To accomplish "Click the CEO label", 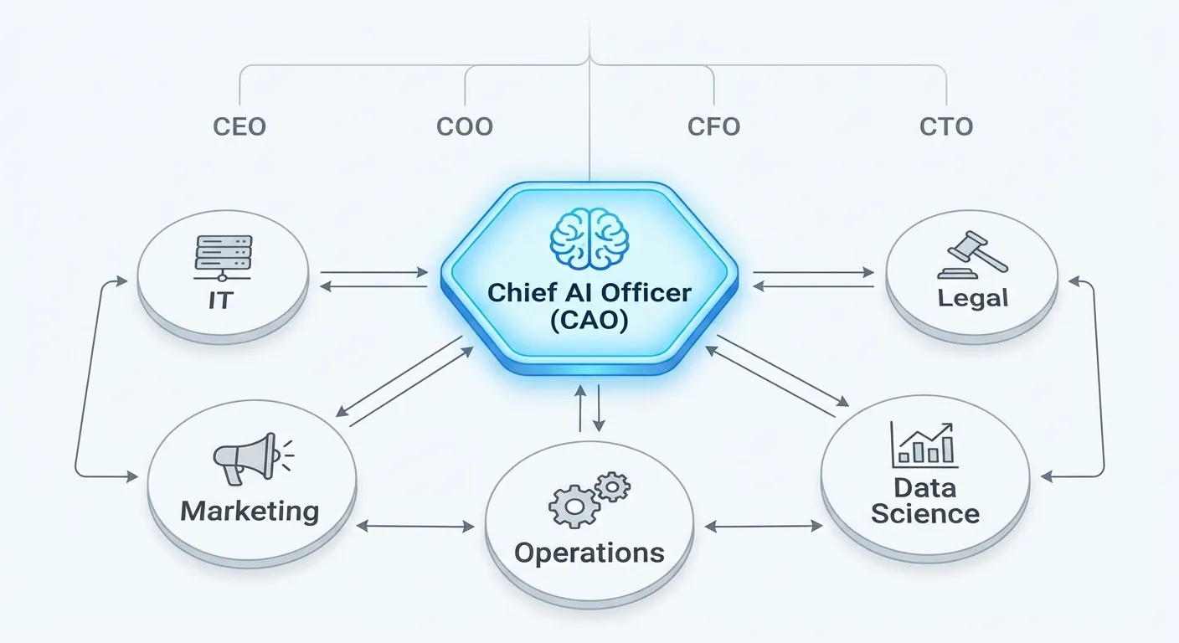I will (239, 127).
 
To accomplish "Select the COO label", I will (465, 127).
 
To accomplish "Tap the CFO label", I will (713, 127).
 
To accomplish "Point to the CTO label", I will (946, 127).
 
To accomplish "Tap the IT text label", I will (222, 300).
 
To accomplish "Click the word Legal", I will (972, 297).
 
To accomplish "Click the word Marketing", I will (250, 511).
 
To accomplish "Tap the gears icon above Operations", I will (588, 500).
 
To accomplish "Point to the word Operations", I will (589, 553).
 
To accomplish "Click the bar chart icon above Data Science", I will (924, 444).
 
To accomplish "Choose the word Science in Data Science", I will (925, 513).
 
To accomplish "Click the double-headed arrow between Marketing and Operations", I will (414, 527).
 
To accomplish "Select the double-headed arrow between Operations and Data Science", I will (763, 527).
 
